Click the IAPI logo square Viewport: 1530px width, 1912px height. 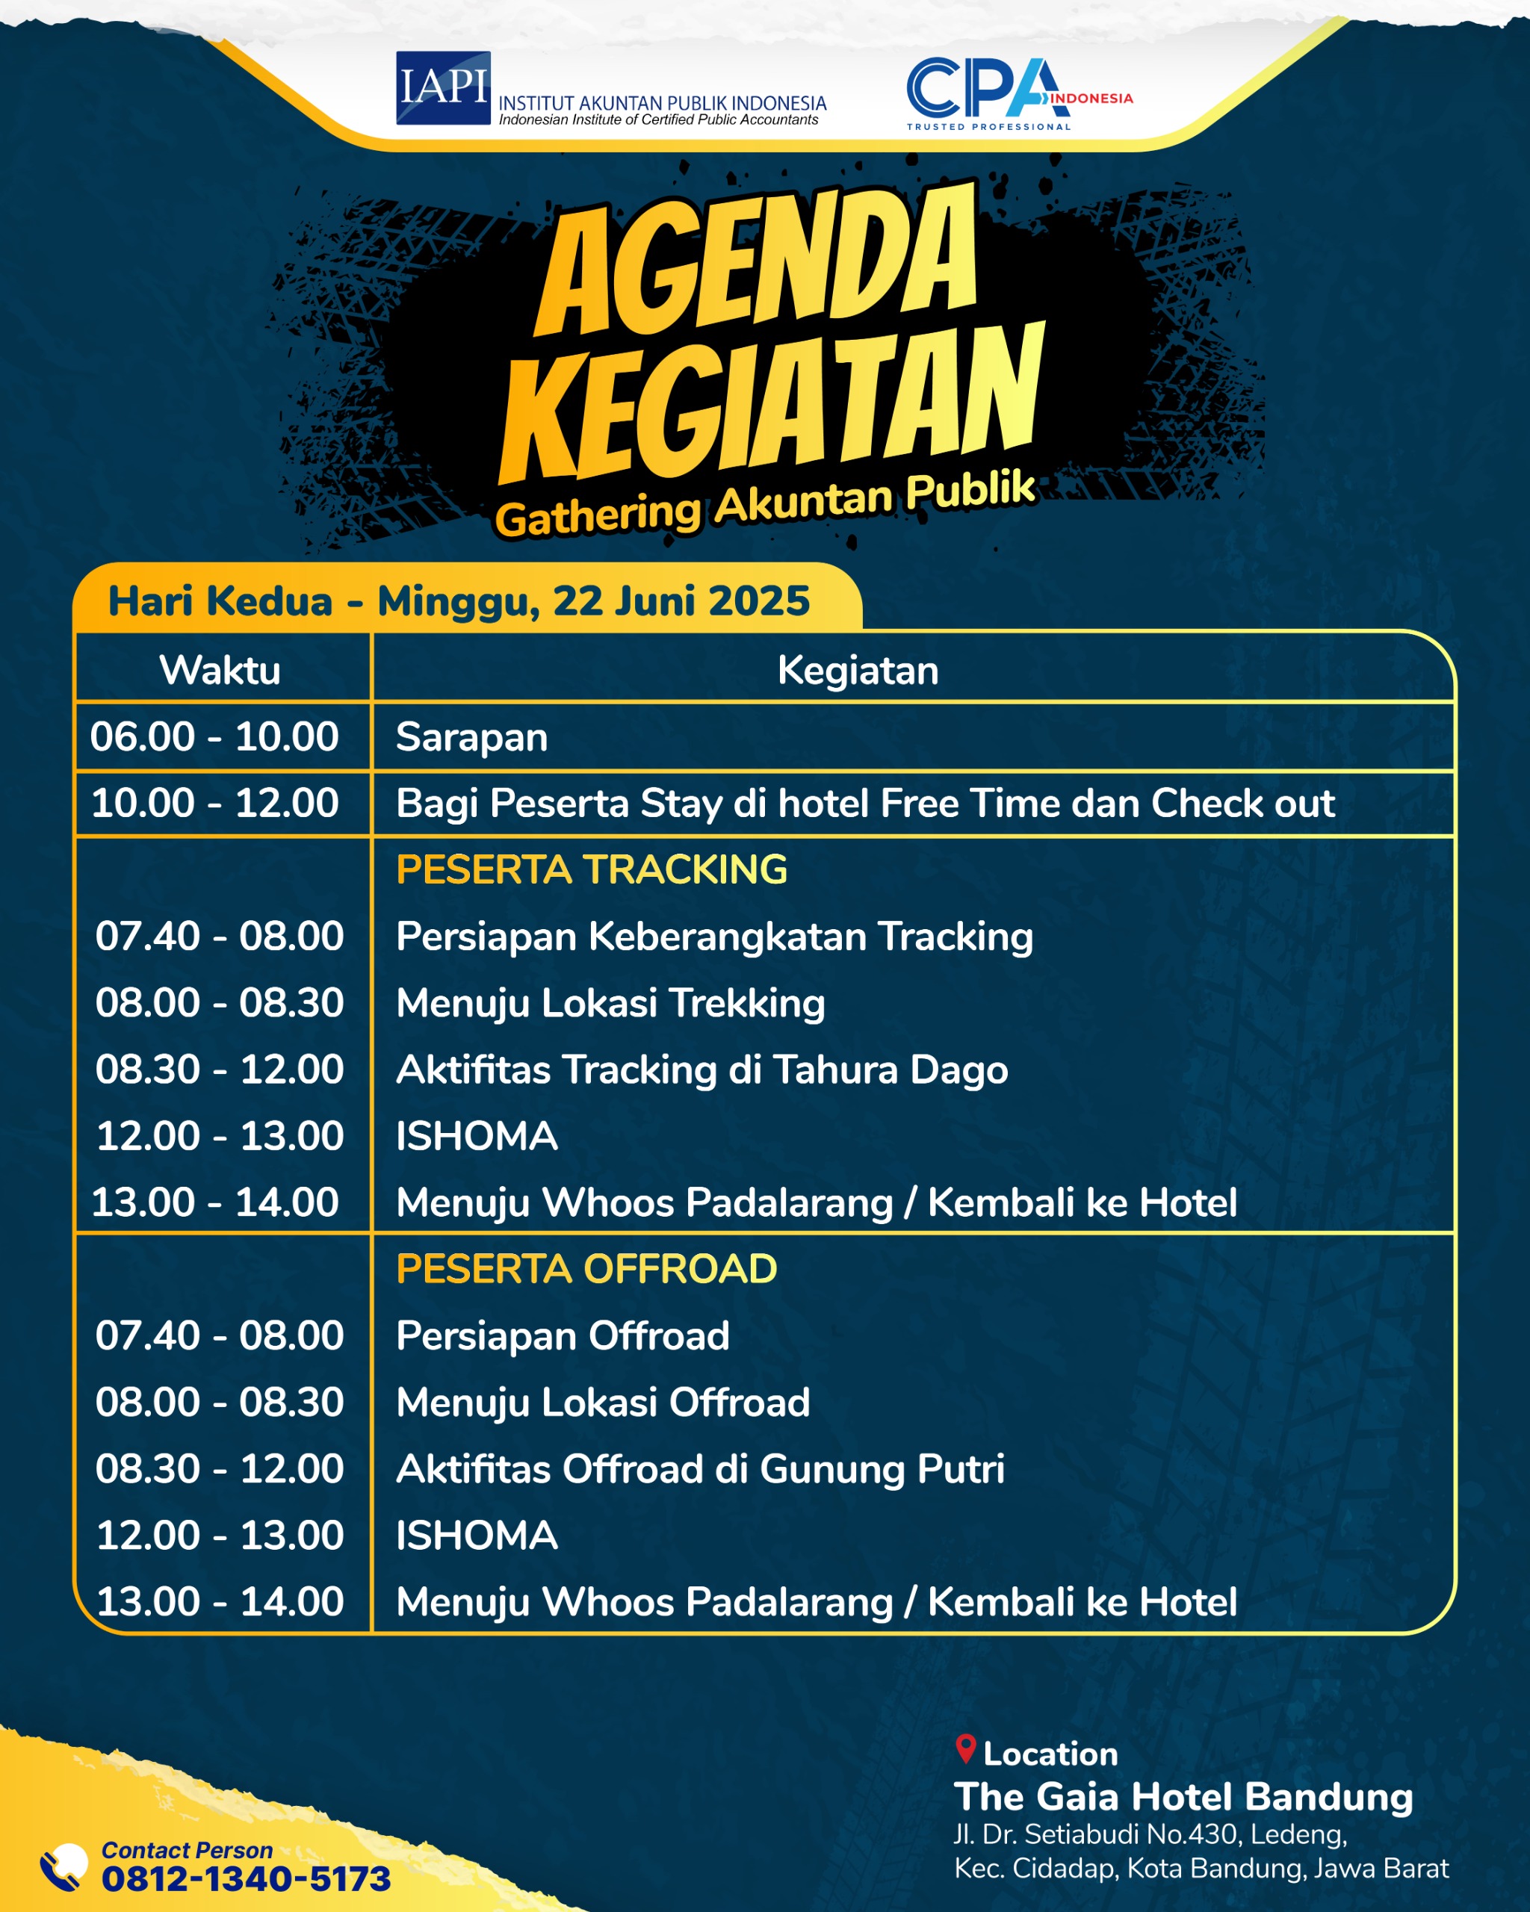click(x=444, y=88)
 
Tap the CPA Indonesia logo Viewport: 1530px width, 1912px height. click(x=1019, y=94)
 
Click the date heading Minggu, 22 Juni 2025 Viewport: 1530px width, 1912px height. click(x=593, y=600)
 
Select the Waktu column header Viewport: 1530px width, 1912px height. click(x=220, y=671)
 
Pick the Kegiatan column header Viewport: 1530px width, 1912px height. click(x=858, y=671)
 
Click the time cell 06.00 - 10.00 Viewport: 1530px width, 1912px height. click(x=214, y=737)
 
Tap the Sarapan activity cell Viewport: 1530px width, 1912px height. click(x=472, y=738)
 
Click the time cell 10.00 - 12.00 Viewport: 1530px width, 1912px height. click(x=214, y=804)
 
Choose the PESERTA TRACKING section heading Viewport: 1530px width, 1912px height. click(x=592, y=869)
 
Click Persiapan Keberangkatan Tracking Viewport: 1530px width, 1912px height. click(x=715, y=937)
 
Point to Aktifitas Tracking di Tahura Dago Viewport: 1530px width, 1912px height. click(x=702, y=1070)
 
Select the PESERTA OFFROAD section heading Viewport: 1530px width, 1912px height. click(x=586, y=1269)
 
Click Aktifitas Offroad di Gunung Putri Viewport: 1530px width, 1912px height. click(x=701, y=1469)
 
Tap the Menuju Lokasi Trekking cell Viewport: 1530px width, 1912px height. click(x=610, y=1003)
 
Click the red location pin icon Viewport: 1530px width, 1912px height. click(x=966, y=1749)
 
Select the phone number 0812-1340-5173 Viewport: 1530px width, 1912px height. click(x=247, y=1878)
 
